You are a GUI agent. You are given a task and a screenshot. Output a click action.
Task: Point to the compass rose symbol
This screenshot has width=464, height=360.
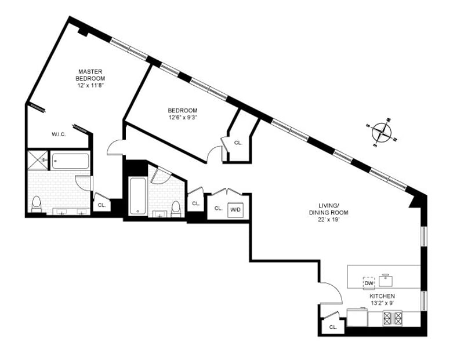pyautogui.click(x=381, y=132)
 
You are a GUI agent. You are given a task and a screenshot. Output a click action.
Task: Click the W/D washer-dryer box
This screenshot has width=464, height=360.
pyautogui.click(x=235, y=209)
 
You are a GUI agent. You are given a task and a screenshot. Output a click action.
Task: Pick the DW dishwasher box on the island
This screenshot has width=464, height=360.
pyautogui.click(x=369, y=283)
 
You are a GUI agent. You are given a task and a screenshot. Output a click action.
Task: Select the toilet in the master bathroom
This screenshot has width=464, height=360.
pyautogui.click(x=37, y=204)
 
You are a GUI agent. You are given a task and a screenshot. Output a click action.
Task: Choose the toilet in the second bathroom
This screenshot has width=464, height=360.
pyautogui.click(x=176, y=207)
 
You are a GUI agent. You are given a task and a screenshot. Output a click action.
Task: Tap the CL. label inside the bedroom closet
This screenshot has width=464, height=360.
pyautogui.click(x=238, y=143)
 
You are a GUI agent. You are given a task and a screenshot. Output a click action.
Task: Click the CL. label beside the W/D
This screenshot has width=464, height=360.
pyautogui.click(x=218, y=208)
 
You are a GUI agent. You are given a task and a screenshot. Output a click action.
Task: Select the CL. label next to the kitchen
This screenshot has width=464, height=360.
pyautogui.click(x=333, y=327)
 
